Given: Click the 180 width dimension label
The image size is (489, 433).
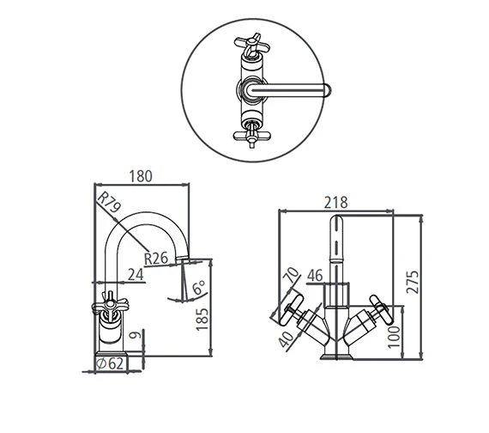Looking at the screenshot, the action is click(141, 176).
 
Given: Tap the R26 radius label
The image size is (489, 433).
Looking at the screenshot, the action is click(156, 259).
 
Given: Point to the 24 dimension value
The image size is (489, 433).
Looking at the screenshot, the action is click(136, 275).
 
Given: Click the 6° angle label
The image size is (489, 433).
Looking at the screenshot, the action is click(199, 288).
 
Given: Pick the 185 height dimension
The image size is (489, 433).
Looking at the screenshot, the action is click(202, 319).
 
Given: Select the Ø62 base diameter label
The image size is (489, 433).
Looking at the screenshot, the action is click(110, 363).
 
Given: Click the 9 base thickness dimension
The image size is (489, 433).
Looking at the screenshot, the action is click(136, 335).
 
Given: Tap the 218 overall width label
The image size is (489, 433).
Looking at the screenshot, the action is click(335, 203).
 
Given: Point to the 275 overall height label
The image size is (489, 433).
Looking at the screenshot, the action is click(413, 282).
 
